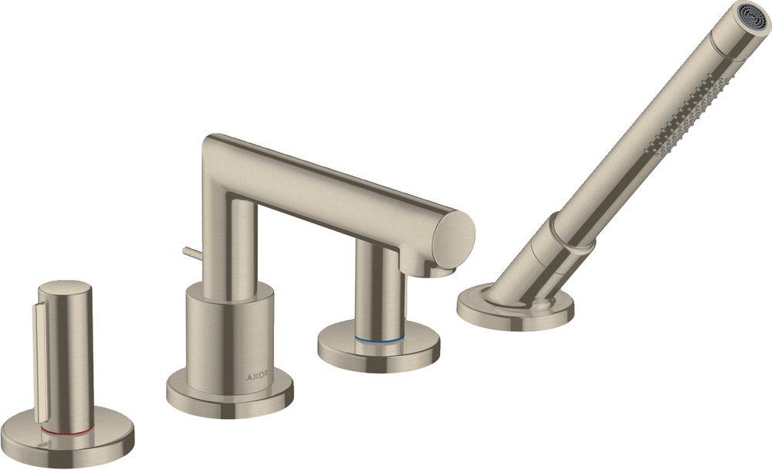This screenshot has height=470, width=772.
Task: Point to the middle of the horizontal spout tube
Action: coord(340,186)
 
